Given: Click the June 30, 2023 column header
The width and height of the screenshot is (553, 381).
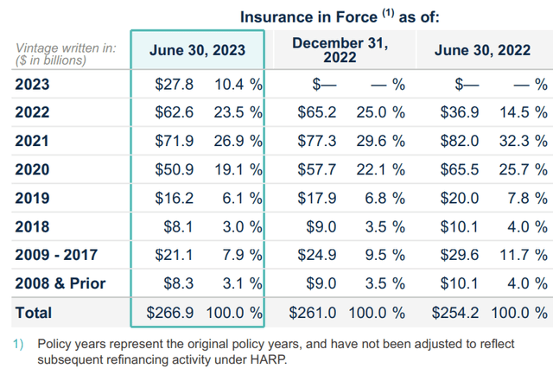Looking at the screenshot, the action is [x=197, y=50].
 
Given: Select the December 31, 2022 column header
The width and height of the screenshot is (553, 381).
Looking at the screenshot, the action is [x=340, y=50].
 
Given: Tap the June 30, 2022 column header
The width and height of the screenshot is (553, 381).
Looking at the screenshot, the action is [x=482, y=50].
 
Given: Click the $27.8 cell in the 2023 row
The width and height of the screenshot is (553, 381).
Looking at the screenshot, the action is [x=175, y=85].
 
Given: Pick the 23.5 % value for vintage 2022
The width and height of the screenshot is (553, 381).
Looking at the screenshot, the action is [x=238, y=112].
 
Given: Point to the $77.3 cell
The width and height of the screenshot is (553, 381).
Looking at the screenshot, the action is [x=317, y=141].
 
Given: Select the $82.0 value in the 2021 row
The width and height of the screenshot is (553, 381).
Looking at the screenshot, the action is [x=460, y=141].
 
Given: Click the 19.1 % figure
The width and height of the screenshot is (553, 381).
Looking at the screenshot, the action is [x=238, y=169].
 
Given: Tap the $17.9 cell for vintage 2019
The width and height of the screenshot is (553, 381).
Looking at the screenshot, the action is [x=317, y=198].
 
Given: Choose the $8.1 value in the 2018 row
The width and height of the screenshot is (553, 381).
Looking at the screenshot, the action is [x=179, y=227].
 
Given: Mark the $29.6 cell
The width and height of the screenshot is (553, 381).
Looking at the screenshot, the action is [x=460, y=255].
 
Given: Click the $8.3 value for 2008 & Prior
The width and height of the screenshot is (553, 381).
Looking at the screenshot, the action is [x=179, y=283].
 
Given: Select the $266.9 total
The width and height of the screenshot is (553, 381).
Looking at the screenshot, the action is [x=170, y=313].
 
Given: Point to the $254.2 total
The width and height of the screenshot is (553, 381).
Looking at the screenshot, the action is [x=455, y=313].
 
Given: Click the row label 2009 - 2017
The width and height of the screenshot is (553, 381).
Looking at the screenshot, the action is [x=56, y=255].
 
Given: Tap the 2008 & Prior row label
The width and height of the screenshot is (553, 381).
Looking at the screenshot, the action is [x=60, y=283].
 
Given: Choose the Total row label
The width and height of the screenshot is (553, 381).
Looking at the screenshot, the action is [x=34, y=313].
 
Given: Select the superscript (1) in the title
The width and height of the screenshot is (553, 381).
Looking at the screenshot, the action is [x=388, y=13].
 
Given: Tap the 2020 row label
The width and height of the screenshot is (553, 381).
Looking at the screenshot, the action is [x=32, y=169].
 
